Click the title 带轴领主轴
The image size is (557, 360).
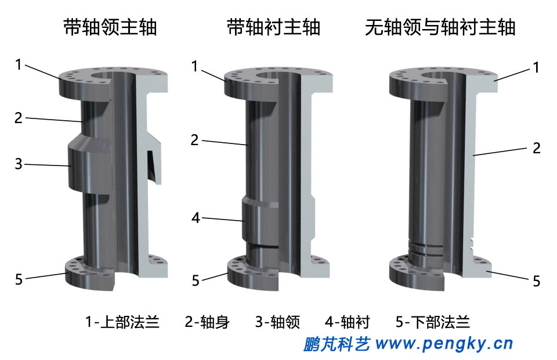[x=110, y=28]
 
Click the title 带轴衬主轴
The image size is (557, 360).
[x=273, y=28]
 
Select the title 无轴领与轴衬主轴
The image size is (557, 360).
[x=440, y=28]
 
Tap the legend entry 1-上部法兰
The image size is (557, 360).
[x=122, y=322]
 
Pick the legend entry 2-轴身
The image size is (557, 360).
[x=207, y=322]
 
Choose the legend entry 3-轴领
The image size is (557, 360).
[x=277, y=322]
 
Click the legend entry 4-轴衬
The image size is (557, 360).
[x=347, y=322]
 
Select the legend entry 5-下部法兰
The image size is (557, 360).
[x=432, y=322]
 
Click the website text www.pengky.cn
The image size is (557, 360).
[x=444, y=344]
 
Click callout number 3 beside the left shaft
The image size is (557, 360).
[x=19, y=164]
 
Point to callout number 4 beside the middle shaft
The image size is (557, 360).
[x=196, y=218]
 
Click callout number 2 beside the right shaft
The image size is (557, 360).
[x=537, y=148]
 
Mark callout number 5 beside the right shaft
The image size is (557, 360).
[x=537, y=282]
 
